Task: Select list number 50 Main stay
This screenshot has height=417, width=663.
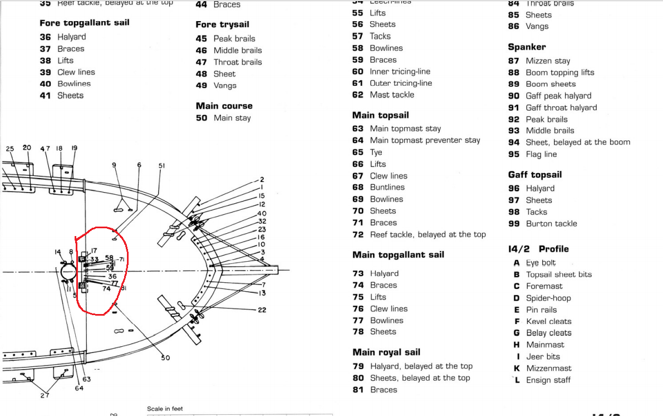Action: click(x=223, y=118)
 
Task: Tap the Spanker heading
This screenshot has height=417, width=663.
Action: click(x=527, y=47)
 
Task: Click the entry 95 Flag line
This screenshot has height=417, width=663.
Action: click(x=532, y=154)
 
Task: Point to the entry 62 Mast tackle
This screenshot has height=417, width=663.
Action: click(x=383, y=95)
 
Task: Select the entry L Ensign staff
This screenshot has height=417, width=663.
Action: click(x=542, y=380)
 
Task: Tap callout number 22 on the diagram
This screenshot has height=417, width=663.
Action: click(x=262, y=310)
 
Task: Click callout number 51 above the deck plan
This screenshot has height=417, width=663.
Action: click(x=161, y=165)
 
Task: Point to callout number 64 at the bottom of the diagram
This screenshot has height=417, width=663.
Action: click(x=79, y=388)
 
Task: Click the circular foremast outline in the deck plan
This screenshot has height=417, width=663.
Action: click(x=71, y=273)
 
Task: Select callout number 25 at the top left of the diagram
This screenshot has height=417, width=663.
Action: click(x=9, y=149)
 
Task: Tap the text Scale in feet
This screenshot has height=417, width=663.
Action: click(x=165, y=409)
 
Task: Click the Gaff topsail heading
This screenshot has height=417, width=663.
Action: click(x=534, y=175)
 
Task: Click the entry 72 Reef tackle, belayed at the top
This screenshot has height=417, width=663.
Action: click(x=419, y=234)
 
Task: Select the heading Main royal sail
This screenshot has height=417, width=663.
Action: click(x=386, y=352)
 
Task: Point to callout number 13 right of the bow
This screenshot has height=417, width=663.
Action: click(x=262, y=293)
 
